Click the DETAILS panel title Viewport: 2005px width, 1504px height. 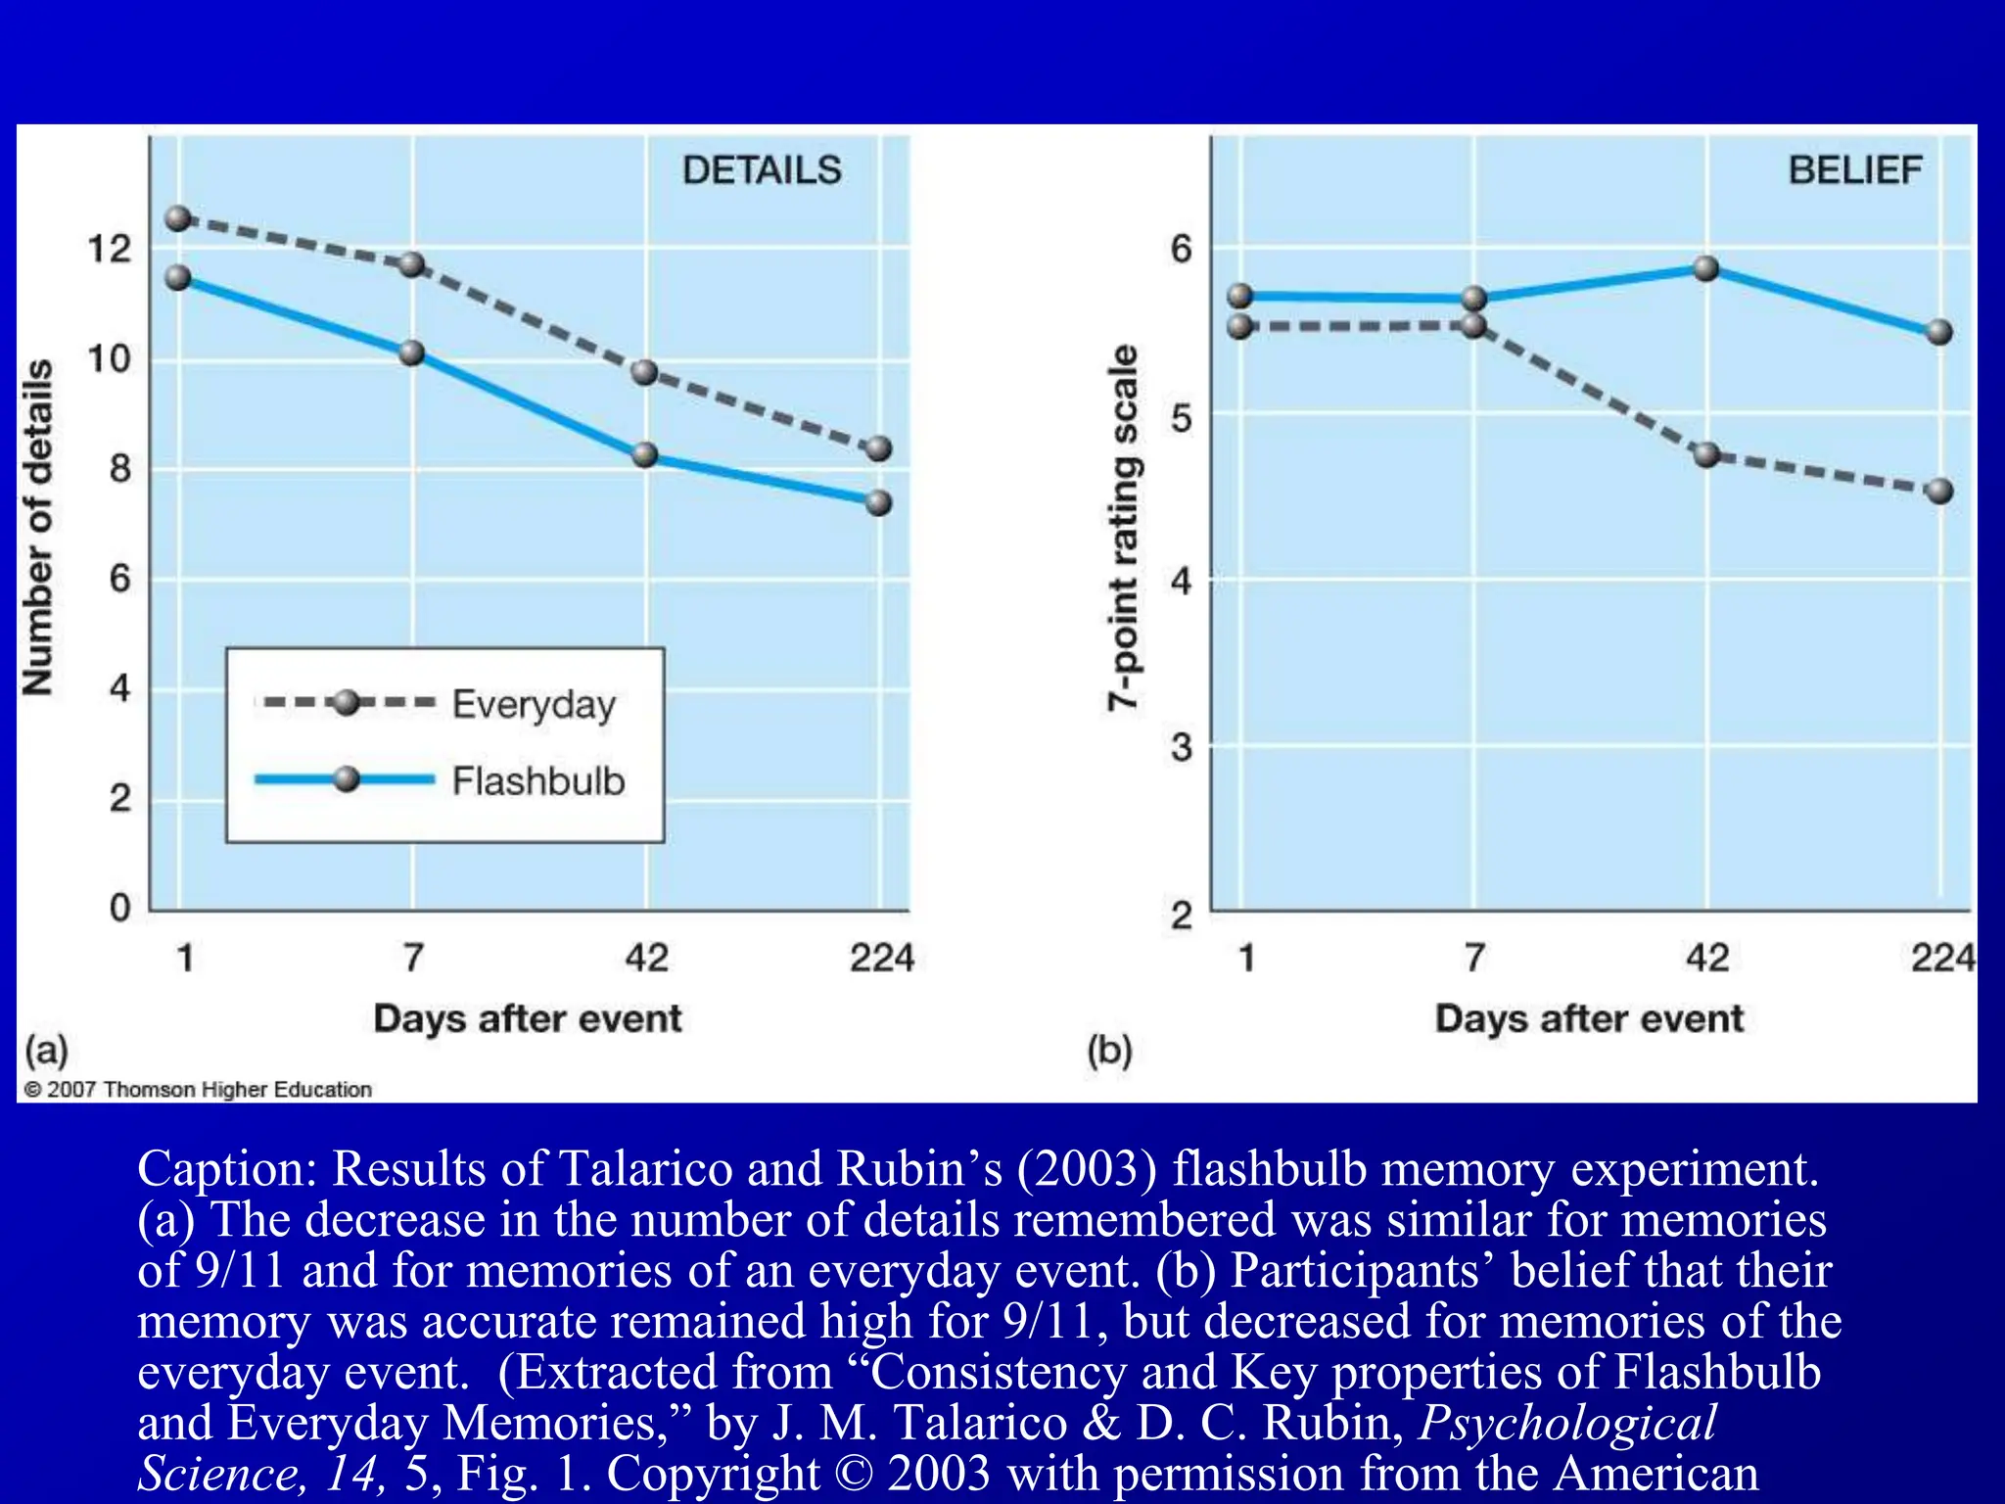(762, 170)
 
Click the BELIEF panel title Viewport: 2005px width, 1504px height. (1854, 170)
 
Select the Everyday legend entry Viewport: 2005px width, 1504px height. (534, 704)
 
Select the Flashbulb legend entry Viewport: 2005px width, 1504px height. (537, 781)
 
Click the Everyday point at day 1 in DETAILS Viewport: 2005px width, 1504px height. (178, 218)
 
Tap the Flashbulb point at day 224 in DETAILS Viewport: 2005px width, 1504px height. (878, 502)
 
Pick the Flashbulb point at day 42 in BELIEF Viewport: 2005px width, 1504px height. (1705, 268)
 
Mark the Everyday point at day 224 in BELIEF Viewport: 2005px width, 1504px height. (1939, 491)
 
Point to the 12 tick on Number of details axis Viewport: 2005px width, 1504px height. (109, 249)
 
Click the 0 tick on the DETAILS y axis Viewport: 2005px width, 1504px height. (119, 908)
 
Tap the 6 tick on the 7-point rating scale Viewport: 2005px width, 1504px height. (1182, 249)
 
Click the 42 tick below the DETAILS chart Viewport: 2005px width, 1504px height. (646, 957)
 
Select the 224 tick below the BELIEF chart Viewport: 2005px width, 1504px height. (1942, 957)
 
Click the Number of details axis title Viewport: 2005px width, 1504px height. (38, 527)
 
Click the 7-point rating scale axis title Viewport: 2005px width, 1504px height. (1123, 527)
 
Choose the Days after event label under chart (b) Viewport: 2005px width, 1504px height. (1589, 1018)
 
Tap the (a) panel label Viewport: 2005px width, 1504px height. (46, 1051)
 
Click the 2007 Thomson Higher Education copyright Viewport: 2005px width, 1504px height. (198, 1090)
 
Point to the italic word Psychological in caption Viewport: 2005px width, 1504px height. (1567, 1423)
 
